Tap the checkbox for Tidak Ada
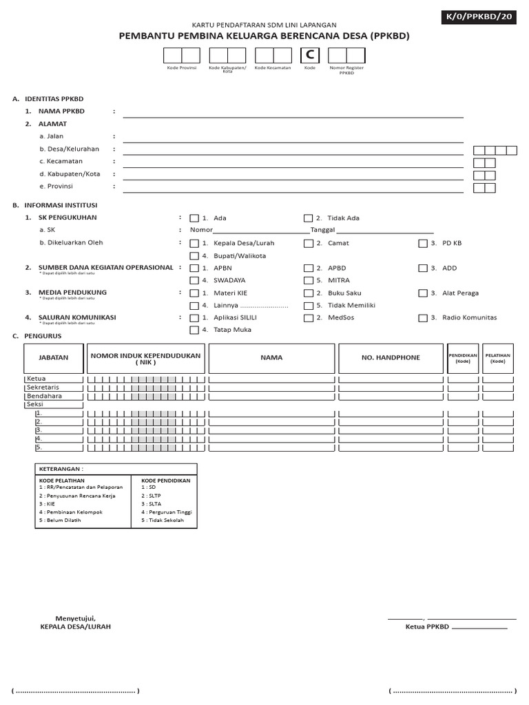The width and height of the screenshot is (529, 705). pos(308,218)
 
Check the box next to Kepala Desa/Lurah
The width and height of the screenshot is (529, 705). pos(194,244)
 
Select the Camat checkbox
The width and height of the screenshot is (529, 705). pos(308,244)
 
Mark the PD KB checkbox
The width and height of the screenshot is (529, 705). pos(422,244)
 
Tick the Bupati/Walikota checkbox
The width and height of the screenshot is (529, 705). pos(194,256)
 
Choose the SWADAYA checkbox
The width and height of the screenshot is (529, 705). pos(194,281)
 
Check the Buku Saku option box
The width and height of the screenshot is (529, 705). pos(308,293)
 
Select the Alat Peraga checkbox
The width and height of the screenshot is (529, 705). pos(422,293)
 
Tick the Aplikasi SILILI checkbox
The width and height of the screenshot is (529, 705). pos(194,318)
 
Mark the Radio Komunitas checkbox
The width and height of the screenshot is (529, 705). pos(422,318)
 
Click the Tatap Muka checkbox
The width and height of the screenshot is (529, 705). pos(194,330)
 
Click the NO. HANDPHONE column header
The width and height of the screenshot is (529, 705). pos(390,358)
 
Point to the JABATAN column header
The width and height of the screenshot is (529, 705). pos(54,358)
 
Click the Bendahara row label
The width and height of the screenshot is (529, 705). pos(44,397)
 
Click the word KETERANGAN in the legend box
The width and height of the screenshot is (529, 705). pos(61,469)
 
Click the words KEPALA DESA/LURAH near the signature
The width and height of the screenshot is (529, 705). pos(76,627)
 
